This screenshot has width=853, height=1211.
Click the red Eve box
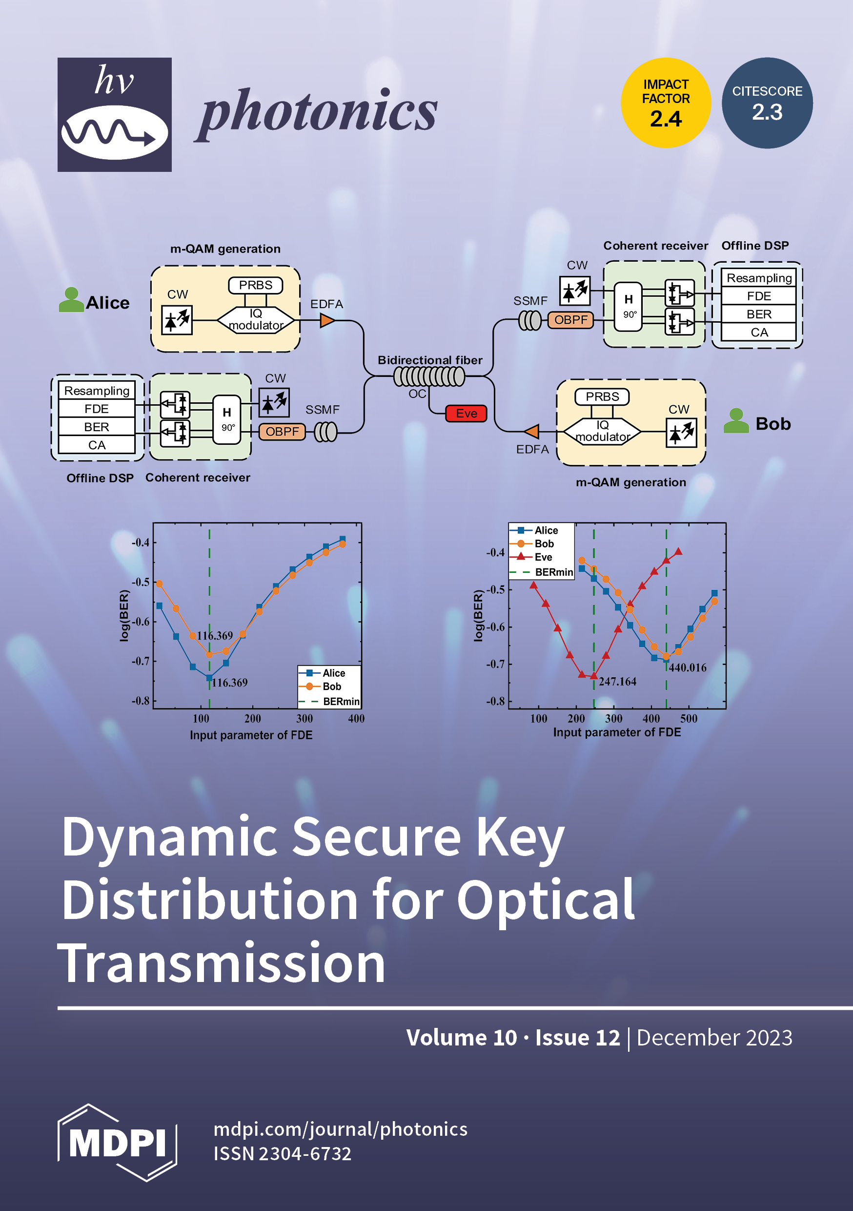tap(466, 413)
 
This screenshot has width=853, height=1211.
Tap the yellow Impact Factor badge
tap(665, 103)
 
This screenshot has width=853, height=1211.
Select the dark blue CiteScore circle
tap(767, 103)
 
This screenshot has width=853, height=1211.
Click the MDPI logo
tap(117, 1142)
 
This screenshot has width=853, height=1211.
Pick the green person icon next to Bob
tap(736, 421)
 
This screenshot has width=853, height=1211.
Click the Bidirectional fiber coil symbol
tap(429, 376)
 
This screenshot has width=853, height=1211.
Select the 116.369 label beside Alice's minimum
tap(229, 683)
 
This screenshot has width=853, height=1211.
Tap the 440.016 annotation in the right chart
tap(688, 668)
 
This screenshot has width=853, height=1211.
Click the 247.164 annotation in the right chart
tap(617, 682)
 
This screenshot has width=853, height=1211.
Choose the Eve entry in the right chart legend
tap(543, 557)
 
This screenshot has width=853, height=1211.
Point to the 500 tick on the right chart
tap(689, 718)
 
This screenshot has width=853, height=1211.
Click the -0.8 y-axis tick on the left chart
tap(140, 701)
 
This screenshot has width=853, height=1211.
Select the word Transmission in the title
tap(222, 963)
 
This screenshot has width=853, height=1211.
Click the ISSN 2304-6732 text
tap(282, 1154)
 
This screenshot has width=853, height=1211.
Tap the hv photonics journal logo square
tap(114, 114)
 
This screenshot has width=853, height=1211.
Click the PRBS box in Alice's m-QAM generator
tap(255, 285)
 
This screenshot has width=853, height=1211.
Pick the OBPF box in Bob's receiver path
tap(570, 320)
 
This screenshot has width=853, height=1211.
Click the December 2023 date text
tap(714, 1038)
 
